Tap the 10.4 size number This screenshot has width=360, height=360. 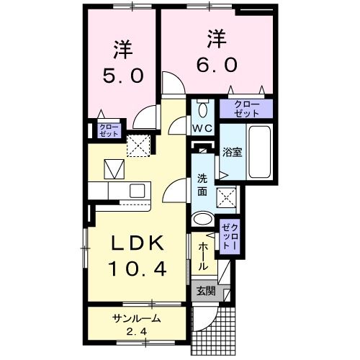click(138, 269)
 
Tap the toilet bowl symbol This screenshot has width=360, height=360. click(202, 109)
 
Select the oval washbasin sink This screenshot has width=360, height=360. click(203, 220)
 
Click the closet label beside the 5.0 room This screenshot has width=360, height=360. click(107, 130)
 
